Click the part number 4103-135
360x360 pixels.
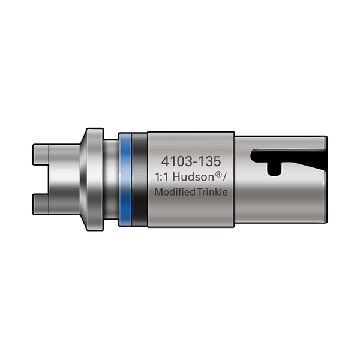[x=191, y=161]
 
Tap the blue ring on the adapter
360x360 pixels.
[x=125, y=179]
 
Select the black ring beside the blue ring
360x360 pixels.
[x=139, y=179]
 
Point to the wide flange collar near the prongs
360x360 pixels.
[x=92, y=179]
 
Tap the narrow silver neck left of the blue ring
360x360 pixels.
[x=111, y=179]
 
